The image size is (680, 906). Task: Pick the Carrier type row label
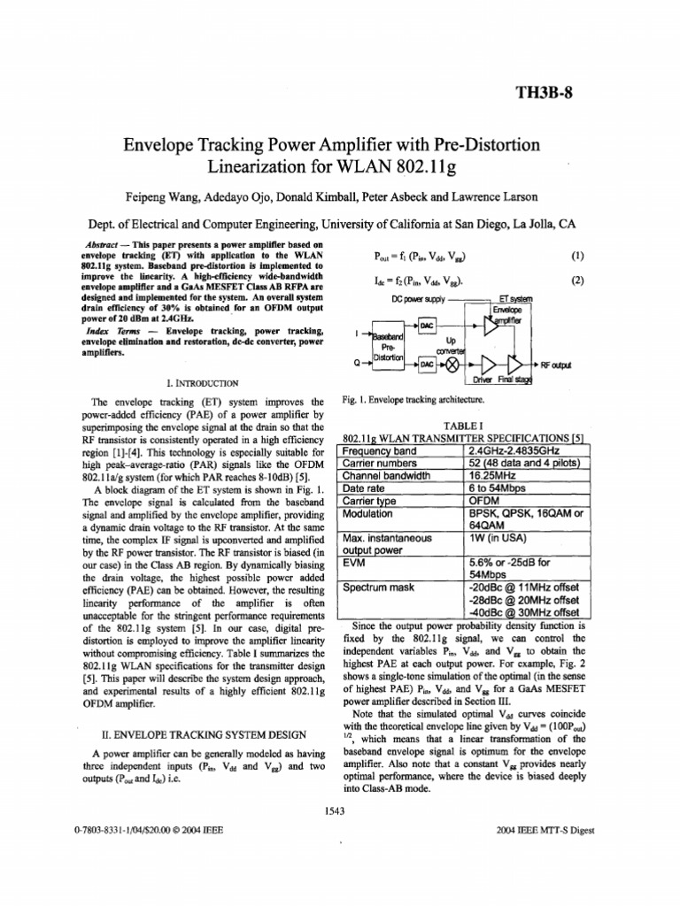tap(373, 500)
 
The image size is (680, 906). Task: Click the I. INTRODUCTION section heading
tap(202, 383)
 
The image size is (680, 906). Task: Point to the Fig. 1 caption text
tap(413, 400)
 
